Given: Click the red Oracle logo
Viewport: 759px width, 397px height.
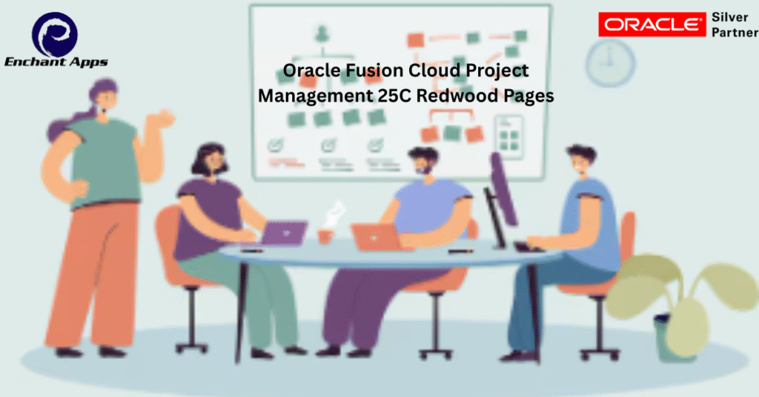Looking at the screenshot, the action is click(652, 24).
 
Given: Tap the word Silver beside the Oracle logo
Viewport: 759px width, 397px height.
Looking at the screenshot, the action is click(729, 17).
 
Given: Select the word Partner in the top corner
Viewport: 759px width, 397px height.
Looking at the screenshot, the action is click(735, 33).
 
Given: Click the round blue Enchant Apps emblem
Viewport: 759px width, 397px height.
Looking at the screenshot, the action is click(55, 34).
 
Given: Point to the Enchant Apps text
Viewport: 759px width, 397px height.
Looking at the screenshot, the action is click(56, 62).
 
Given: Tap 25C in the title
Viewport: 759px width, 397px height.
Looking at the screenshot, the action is click(394, 96).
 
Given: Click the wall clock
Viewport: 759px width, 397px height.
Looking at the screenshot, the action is click(610, 63).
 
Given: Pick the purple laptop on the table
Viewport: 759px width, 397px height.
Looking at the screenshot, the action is click(284, 233).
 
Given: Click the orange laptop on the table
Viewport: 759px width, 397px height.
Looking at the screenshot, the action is click(376, 237).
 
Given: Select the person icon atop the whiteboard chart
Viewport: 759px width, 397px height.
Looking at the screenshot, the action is click(321, 34).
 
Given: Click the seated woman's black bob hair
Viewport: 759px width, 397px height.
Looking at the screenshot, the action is click(209, 157).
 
